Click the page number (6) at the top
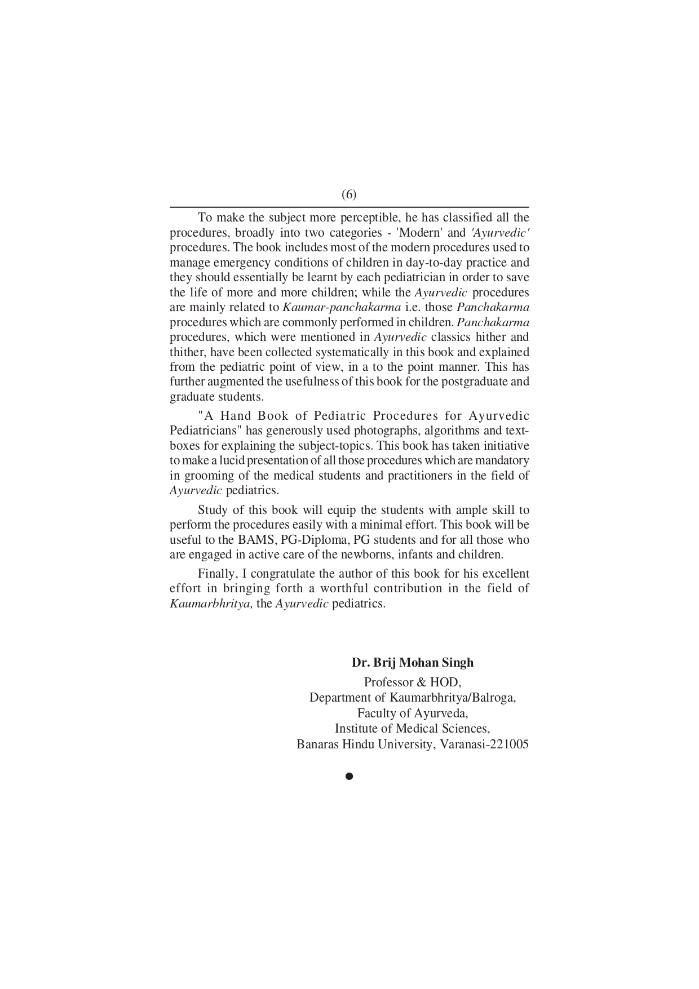(349, 194)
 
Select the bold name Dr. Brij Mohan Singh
(413, 662)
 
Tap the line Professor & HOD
(413, 682)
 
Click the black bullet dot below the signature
(349, 777)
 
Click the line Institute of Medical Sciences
(413, 728)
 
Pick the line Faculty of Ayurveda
(413, 713)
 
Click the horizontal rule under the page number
(349, 207)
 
